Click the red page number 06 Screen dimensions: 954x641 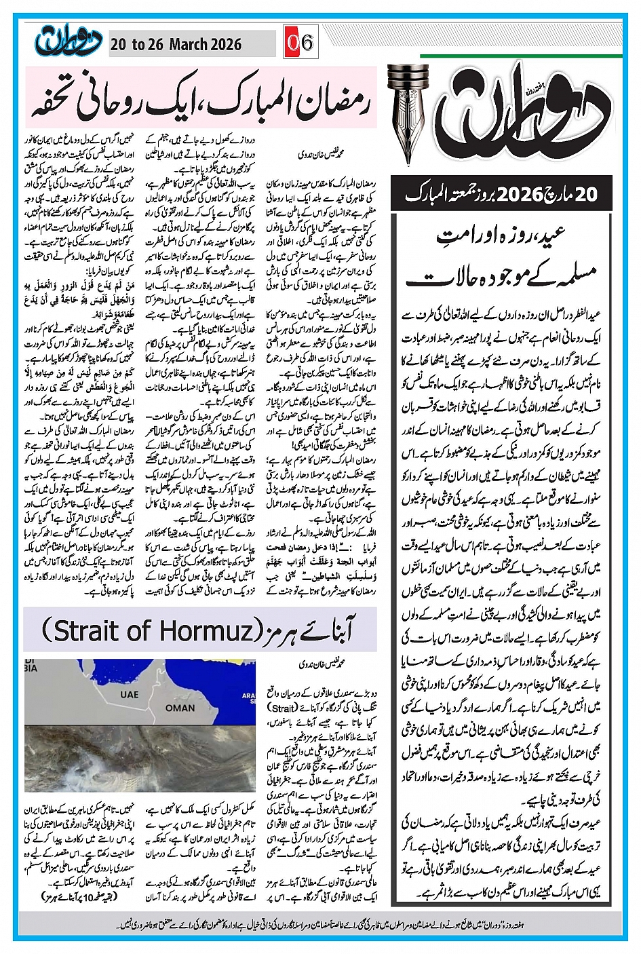click(x=299, y=43)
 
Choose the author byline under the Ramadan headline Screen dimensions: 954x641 click(x=322, y=155)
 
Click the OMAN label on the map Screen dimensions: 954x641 click(x=180, y=708)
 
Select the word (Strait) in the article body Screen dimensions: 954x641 click(x=279, y=707)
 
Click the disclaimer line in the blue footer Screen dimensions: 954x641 click(x=322, y=923)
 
